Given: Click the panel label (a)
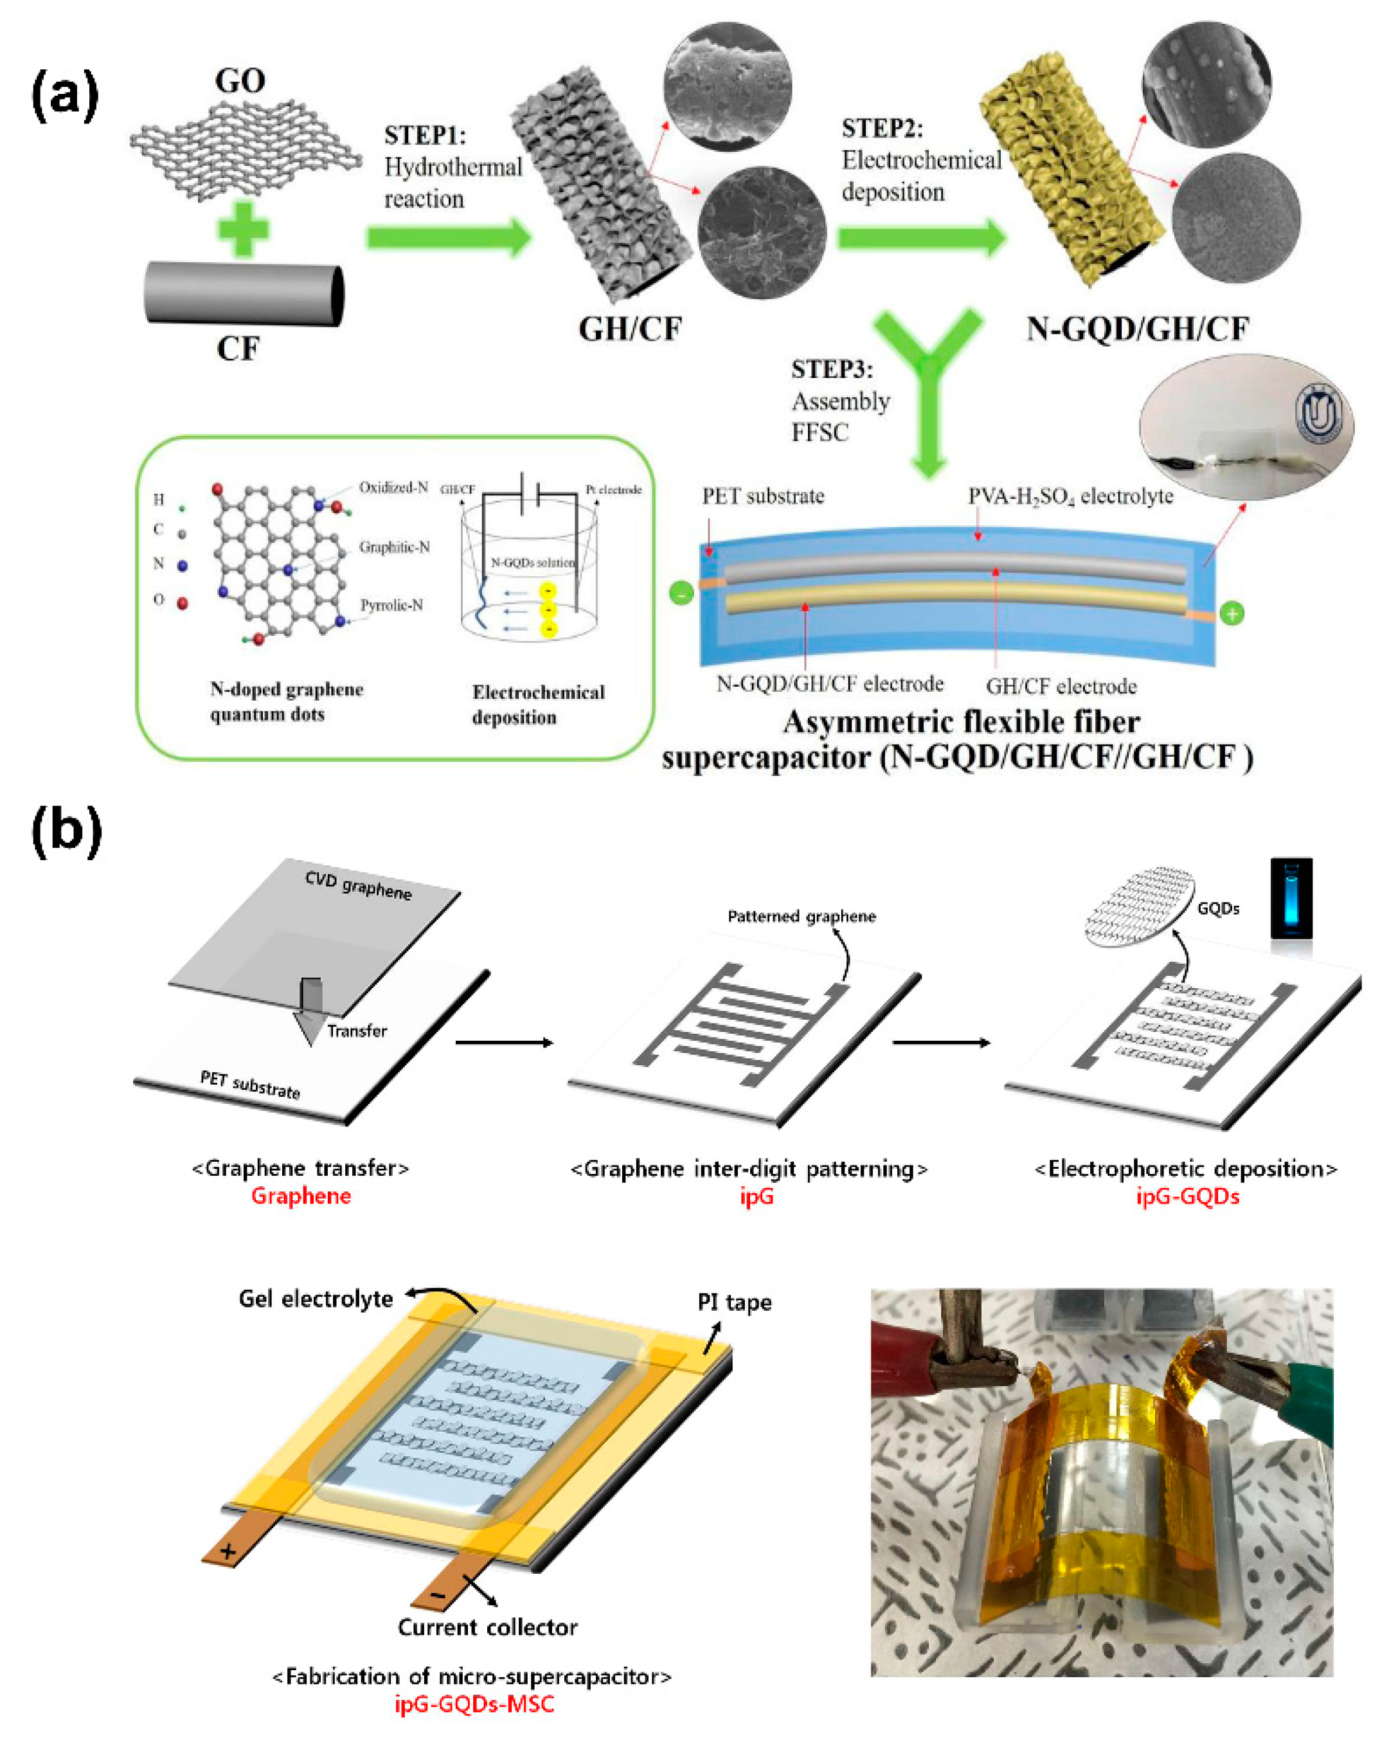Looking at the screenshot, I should click(65, 95).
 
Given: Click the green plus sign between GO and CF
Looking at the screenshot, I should click(242, 229).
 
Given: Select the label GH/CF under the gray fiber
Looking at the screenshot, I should click(629, 329).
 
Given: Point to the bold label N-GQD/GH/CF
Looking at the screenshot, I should click(1137, 329).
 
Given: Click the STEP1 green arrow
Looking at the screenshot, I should click(449, 238).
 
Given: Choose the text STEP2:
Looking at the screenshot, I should click(881, 129).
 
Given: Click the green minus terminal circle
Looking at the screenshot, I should click(681, 595).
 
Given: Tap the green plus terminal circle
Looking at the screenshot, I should click(1232, 614).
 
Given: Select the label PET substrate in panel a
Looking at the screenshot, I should click(763, 496).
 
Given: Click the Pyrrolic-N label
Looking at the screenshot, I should click(391, 606).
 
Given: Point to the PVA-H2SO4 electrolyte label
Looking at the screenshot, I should click(1071, 496).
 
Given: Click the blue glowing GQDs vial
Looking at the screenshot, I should click(1291, 899).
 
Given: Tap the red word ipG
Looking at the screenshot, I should click(757, 1197).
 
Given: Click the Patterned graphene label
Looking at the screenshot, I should click(802, 916).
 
